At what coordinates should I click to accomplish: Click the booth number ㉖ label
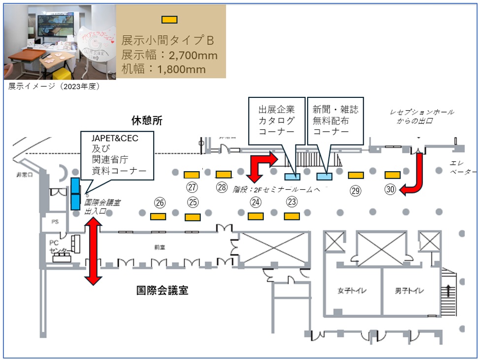[159, 202]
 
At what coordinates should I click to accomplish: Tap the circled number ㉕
[192, 202]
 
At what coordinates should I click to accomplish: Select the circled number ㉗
[192, 187]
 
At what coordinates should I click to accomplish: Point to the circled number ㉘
[222, 187]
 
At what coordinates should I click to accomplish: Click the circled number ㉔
[255, 202]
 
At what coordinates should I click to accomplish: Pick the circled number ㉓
[292, 202]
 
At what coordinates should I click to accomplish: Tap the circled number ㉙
[355, 190]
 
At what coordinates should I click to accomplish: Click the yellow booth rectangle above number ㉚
[392, 175]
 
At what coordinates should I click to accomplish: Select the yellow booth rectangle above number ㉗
[192, 174]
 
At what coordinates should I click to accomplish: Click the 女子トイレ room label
[352, 290]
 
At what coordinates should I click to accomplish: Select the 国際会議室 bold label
[162, 290]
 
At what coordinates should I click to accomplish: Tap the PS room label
[55, 222]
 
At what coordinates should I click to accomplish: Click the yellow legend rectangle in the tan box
[169, 20]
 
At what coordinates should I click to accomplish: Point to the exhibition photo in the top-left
[59, 42]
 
